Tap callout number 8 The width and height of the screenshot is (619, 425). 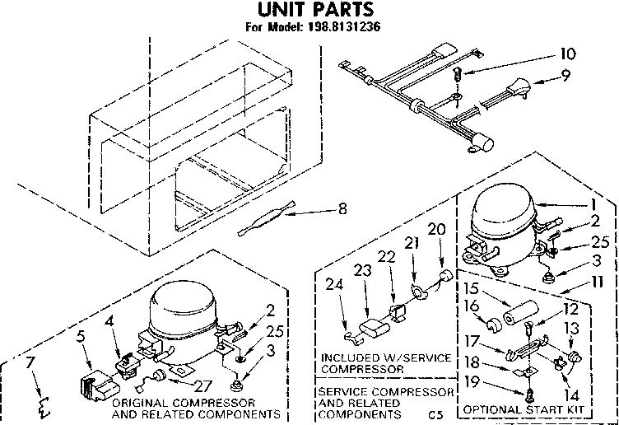[x=342, y=209]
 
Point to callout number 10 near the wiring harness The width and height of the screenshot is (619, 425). [x=567, y=55]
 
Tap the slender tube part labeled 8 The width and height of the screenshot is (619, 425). [x=272, y=222]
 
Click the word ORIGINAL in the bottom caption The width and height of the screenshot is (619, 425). [x=139, y=402]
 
